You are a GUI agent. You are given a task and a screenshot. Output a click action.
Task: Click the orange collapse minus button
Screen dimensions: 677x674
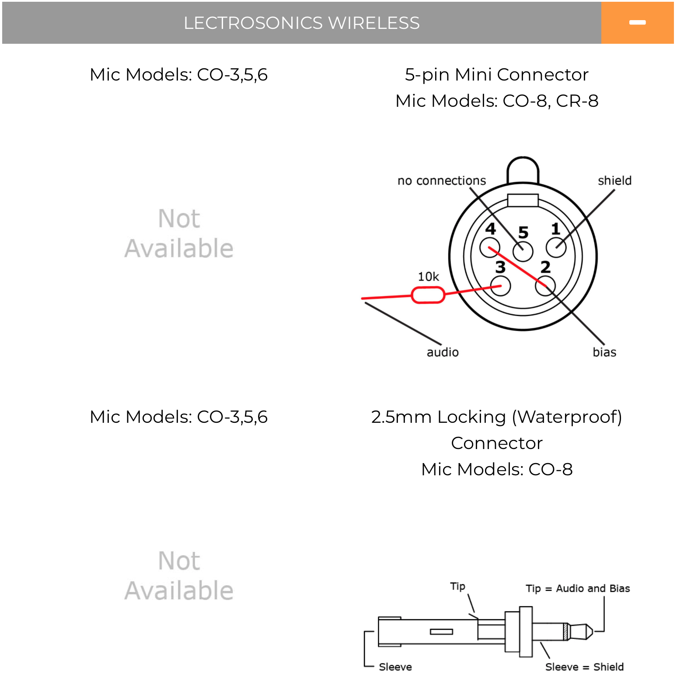(x=637, y=23)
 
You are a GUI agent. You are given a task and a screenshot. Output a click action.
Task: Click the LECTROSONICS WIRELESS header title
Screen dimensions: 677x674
(x=301, y=23)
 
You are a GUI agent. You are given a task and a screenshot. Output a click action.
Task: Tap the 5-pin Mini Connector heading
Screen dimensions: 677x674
(x=496, y=75)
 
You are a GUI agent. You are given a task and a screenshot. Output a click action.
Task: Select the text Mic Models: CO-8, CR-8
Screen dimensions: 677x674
(x=496, y=101)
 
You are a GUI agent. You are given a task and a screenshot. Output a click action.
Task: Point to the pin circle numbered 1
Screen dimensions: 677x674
(x=556, y=248)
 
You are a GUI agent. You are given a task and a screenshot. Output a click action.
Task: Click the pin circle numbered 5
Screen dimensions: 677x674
(x=523, y=251)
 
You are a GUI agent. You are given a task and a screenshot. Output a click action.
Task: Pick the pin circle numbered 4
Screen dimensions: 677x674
(x=490, y=248)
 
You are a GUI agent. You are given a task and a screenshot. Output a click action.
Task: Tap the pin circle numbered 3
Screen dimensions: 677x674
(x=501, y=286)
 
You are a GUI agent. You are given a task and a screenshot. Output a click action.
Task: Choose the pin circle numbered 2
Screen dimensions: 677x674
(x=545, y=286)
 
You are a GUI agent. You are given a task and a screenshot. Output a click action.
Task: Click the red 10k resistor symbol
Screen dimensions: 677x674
(x=428, y=295)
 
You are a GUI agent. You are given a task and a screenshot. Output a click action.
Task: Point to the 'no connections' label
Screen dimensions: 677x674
(x=442, y=181)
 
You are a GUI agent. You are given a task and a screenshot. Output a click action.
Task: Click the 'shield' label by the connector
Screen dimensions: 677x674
(x=614, y=180)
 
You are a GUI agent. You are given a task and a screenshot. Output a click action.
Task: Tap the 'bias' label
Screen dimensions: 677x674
(x=604, y=352)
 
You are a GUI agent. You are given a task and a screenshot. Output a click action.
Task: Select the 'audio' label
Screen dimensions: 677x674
(x=443, y=352)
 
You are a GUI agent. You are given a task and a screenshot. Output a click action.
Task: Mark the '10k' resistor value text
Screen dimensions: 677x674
(x=428, y=277)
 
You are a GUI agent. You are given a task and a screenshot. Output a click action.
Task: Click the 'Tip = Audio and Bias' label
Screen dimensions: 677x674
(x=578, y=589)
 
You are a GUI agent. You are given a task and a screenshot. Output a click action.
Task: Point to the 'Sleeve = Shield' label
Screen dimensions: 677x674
(x=584, y=667)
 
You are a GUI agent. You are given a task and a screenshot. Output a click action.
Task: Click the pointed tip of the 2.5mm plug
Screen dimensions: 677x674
(x=593, y=632)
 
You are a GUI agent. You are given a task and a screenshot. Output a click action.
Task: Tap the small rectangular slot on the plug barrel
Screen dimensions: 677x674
(x=441, y=632)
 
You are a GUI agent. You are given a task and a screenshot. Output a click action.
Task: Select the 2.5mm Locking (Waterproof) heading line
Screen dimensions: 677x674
(x=496, y=417)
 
